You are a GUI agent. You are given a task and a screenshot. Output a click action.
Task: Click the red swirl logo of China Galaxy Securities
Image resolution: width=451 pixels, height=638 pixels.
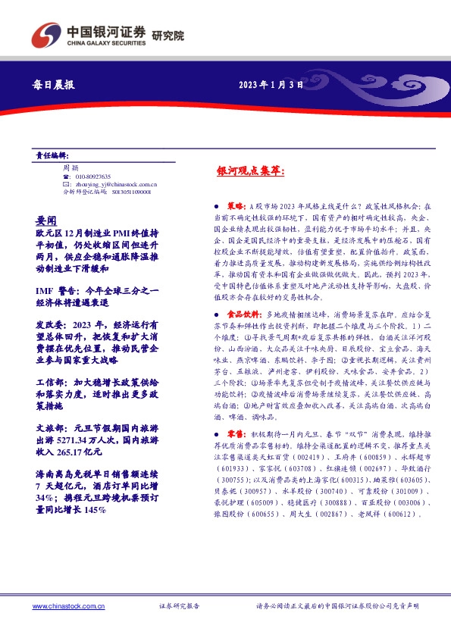click(x=45, y=35)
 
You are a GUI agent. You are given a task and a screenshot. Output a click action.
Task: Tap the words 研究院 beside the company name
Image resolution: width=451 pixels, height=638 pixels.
click(x=168, y=36)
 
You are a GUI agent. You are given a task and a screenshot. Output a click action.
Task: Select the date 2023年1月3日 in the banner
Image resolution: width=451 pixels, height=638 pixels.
click(x=271, y=86)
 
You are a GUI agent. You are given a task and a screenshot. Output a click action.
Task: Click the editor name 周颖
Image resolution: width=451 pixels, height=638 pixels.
click(x=70, y=167)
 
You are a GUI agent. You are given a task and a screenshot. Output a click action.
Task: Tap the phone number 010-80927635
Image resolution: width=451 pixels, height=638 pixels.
click(x=92, y=176)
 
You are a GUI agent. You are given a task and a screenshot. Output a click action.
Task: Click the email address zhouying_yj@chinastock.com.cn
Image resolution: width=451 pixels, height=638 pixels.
click(x=115, y=184)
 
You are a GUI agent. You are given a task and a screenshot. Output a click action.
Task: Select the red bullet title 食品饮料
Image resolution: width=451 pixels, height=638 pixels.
click(x=243, y=313)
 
